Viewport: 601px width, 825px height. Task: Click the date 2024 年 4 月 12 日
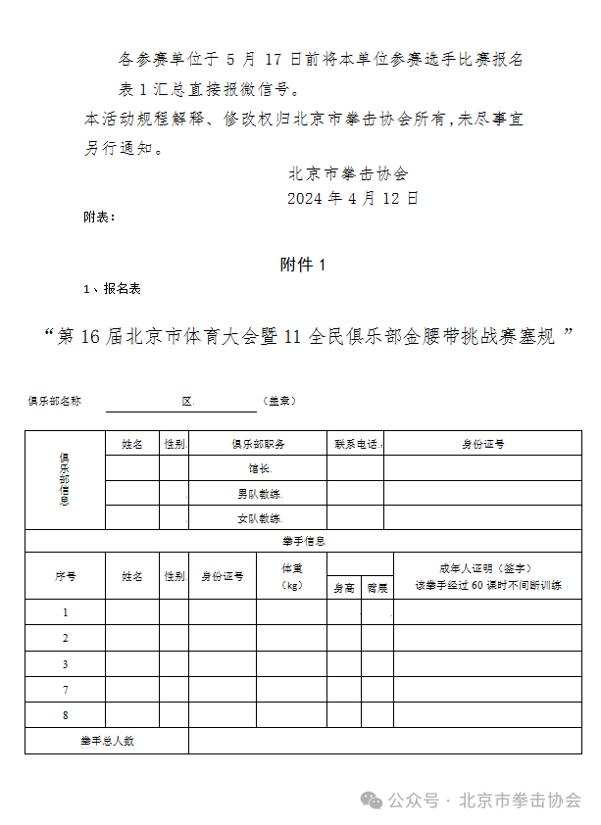tap(352, 198)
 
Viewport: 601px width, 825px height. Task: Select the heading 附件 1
tap(302, 265)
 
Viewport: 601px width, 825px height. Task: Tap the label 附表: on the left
tap(100, 218)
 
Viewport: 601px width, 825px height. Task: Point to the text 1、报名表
tap(113, 289)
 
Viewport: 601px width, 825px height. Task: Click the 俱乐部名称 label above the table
tap(55, 401)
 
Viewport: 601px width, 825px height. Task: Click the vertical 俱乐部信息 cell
tap(65, 480)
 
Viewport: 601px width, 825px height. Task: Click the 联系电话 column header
tap(355, 444)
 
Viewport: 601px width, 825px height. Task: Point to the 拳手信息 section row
tap(303, 541)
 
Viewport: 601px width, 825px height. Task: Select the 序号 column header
tap(65, 576)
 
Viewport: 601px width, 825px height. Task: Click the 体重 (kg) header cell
tap(292, 576)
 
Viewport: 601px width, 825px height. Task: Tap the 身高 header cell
tap(344, 588)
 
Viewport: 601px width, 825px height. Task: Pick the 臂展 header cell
tap(377, 588)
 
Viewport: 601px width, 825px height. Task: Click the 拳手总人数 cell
tap(107, 741)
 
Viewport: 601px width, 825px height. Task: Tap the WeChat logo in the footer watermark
tap(372, 801)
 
